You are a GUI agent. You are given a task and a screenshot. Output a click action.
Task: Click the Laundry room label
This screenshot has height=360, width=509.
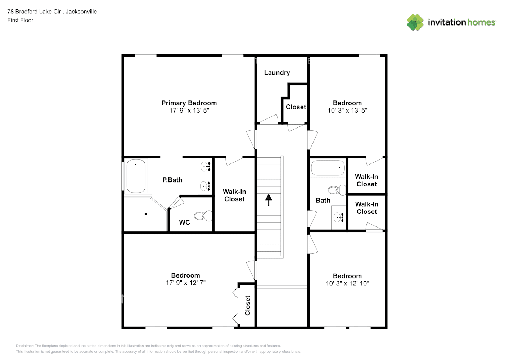[x=277, y=72]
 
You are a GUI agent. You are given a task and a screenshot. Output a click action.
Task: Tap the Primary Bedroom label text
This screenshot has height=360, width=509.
[x=189, y=103]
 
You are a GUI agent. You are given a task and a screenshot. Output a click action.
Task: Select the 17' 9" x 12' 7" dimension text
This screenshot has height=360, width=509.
[x=186, y=283]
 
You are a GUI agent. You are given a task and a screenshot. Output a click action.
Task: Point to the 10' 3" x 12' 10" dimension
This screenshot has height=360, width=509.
[x=347, y=283]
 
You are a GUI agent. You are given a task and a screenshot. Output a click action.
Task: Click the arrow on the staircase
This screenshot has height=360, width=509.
[x=269, y=200]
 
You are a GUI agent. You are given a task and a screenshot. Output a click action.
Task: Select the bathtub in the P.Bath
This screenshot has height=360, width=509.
[x=136, y=176]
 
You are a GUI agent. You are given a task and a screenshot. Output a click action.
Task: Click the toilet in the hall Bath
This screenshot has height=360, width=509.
[x=337, y=190]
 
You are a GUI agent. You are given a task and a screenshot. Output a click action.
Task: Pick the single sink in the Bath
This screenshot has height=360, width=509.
[x=338, y=217]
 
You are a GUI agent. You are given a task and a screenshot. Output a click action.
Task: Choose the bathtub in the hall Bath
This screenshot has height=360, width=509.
[x=328, y=168]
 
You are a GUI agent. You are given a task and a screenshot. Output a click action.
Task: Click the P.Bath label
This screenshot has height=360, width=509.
[x=172, y=180]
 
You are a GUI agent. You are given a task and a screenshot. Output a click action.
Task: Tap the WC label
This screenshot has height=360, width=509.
[x=184, y=222]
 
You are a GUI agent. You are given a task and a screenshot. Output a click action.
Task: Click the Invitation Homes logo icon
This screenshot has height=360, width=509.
[x=415, y=22]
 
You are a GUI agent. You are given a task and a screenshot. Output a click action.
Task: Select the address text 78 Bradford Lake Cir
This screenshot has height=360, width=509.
[x=34, y=12]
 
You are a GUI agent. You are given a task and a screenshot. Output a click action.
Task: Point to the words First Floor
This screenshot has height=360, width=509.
[x=20, y=20]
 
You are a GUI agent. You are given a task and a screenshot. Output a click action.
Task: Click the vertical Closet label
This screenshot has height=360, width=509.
[x=247, y=305]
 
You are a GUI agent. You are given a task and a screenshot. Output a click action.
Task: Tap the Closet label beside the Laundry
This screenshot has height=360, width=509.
[x=296, y=107]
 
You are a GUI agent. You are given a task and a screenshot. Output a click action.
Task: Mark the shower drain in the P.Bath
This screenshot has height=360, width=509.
[x=146, y=214]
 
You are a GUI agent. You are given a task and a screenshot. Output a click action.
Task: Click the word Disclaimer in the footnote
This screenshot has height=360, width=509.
[x=24, y=346]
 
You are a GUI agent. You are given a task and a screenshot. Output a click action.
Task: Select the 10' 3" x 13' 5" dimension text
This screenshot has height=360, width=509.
[x=347, y=111]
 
